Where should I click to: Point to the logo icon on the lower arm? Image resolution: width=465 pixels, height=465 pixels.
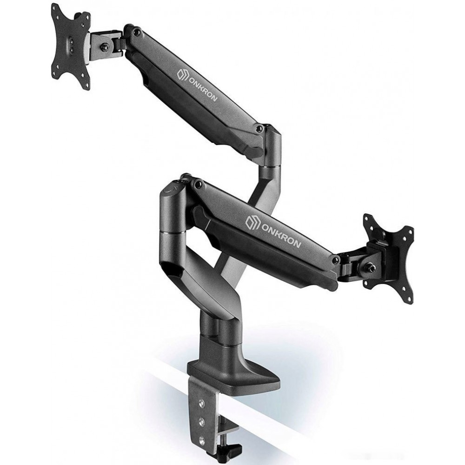coord(252,220)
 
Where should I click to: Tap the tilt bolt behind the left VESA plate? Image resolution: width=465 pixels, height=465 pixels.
coord(104,46)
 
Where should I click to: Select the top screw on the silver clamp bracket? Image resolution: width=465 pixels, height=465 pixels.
coord(202,402)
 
